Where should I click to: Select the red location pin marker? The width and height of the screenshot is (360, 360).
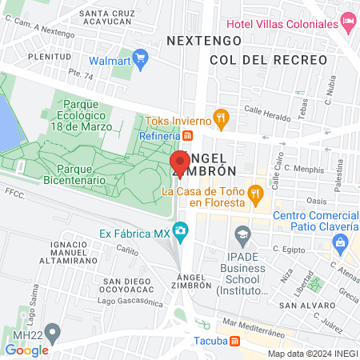pyautogui.click(x=180, y=164)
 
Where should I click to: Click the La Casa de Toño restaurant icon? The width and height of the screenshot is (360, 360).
pyautogui.click(x=255, y=192)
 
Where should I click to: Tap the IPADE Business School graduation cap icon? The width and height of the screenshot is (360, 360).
pyautogui.click(x=242, y=234)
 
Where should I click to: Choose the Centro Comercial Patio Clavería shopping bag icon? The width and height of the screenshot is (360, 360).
pyautogui.click(x=342, y=241)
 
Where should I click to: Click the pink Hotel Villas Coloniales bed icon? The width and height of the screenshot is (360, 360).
pyautogui.click(x=348, y=20)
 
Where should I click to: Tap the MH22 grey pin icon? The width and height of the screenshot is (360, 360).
pyautogui.click(x=54, y=330)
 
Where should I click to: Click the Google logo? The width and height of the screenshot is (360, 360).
pyautogui.click(x=27, y=350)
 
